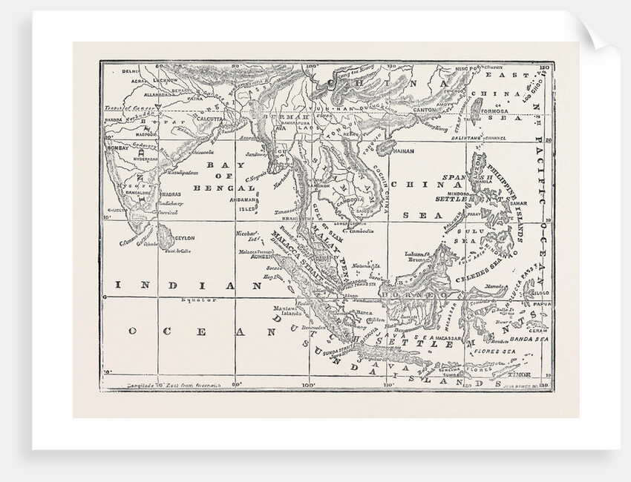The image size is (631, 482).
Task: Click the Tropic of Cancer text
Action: [123, 108]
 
